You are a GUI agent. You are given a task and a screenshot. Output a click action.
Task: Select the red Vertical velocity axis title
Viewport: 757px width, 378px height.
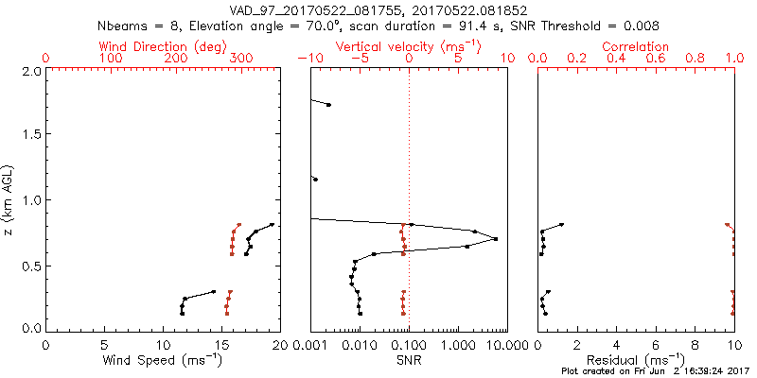click(x=409, y=46)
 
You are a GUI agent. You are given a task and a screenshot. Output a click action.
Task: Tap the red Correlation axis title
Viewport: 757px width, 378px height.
click(x=636, y=46)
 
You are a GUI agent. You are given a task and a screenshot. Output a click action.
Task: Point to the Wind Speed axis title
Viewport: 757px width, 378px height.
click(x=163, y=359)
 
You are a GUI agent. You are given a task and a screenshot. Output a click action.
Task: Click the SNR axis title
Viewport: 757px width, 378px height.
click(x=409, y=359)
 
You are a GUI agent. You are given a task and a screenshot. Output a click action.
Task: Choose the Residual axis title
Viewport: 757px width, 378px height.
click(x=636, y=359)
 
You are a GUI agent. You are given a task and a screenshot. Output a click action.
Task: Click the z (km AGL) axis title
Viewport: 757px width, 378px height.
click(x=9, y=198)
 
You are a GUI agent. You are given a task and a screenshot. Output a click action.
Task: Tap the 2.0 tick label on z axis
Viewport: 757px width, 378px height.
click(x=31, y=71)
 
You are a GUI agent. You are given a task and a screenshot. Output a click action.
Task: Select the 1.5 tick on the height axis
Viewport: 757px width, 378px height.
click(x=31, y=135)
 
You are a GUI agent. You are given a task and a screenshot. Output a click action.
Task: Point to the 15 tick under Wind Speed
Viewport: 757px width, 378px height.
click(x=221, y=346)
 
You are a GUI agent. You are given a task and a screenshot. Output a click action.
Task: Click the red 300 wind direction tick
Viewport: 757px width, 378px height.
click(x=242, y=59)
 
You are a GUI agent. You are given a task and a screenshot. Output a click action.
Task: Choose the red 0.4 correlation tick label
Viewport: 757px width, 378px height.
click(x=616, y=59)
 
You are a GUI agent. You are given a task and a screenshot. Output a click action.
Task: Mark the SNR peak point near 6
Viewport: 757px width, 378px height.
click(x=495, y=238)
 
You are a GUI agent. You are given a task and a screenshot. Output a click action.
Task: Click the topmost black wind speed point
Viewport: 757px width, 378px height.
click(x=272, y=225)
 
